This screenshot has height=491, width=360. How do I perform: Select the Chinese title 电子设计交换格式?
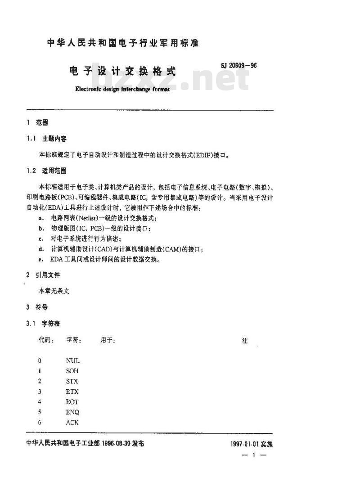(122, 71)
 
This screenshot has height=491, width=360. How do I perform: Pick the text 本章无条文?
(54, 291)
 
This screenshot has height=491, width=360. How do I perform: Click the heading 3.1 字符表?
(44, 323)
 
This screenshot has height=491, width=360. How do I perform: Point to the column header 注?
(245, 341)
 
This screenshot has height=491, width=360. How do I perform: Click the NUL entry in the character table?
(72, 360)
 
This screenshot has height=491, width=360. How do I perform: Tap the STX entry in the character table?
(72, 381)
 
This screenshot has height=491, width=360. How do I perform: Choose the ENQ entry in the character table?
(72, 412)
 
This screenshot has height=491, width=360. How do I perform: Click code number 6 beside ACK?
(40, 423)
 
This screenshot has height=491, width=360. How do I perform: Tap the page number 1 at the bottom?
(254, 455)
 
